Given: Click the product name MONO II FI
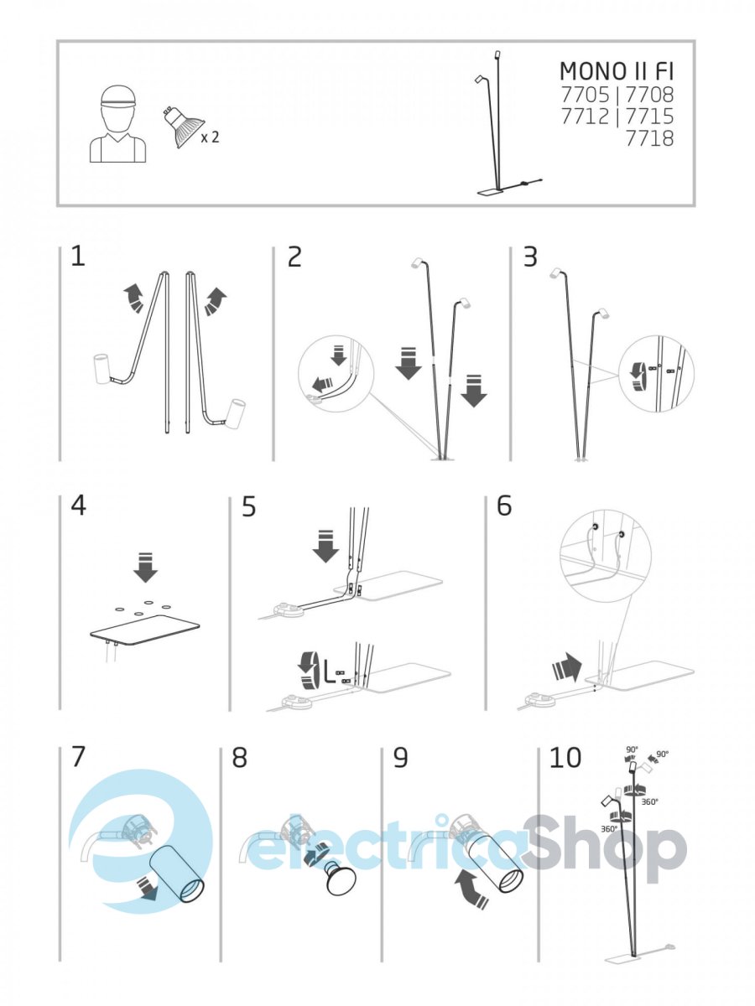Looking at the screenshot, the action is [x=617, y=71].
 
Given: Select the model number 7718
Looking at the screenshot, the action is [x=650, y=138].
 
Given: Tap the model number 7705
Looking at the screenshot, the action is [x=586, y=95].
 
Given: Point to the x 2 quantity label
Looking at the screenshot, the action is [x=210, y=137].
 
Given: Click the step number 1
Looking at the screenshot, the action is [x=78, y=257].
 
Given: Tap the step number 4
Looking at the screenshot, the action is [x=79, y=507].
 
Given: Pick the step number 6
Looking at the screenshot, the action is [x=504, y=507].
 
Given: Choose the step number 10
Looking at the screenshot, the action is [x=565, y=758].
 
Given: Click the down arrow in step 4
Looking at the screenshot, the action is [x=146, y=568].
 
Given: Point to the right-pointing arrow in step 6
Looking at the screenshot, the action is [x=568, y=668].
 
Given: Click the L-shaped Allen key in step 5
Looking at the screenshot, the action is [x=329, y=670].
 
